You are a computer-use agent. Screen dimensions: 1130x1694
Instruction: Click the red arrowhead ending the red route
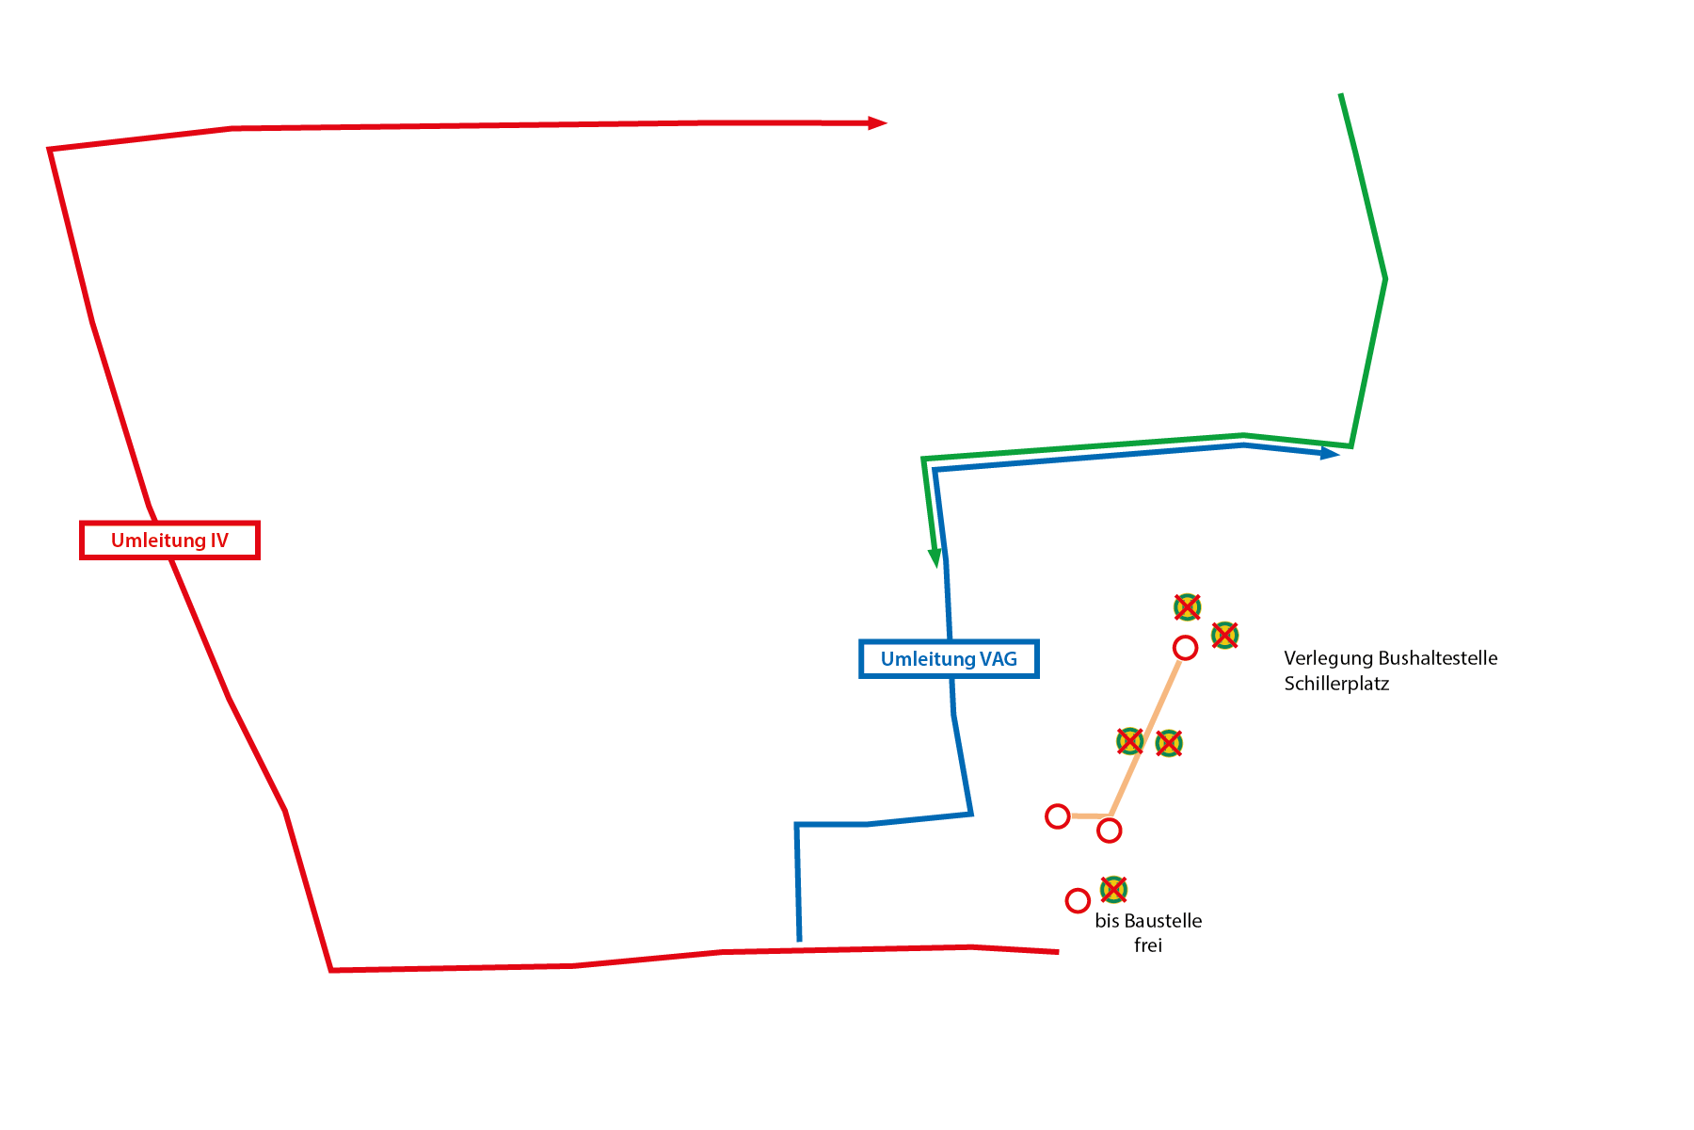click(877, 122)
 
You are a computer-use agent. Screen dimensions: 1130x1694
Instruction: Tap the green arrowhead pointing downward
click(935, 557)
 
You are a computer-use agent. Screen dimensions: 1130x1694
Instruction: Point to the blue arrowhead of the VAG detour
click(1330, 454)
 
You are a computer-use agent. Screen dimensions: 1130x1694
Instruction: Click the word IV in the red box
click(218, 541)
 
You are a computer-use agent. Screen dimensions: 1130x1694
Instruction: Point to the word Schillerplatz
click(1336, 684)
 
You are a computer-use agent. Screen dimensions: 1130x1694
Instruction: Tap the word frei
click(1148, 945)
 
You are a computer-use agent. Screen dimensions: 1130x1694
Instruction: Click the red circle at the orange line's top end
click(1185, 648)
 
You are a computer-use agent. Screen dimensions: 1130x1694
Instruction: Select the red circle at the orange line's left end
click(1058, 816)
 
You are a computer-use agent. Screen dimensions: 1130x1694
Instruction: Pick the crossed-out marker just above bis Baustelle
click(1113, 889)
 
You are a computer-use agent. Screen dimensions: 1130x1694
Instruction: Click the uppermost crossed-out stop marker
click(1188, 607)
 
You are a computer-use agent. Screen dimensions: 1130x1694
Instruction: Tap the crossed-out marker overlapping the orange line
click(1130, 741)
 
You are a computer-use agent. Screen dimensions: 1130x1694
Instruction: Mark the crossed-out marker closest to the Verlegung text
click(1224, 636)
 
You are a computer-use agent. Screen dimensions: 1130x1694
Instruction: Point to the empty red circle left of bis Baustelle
click(1078, 901)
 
